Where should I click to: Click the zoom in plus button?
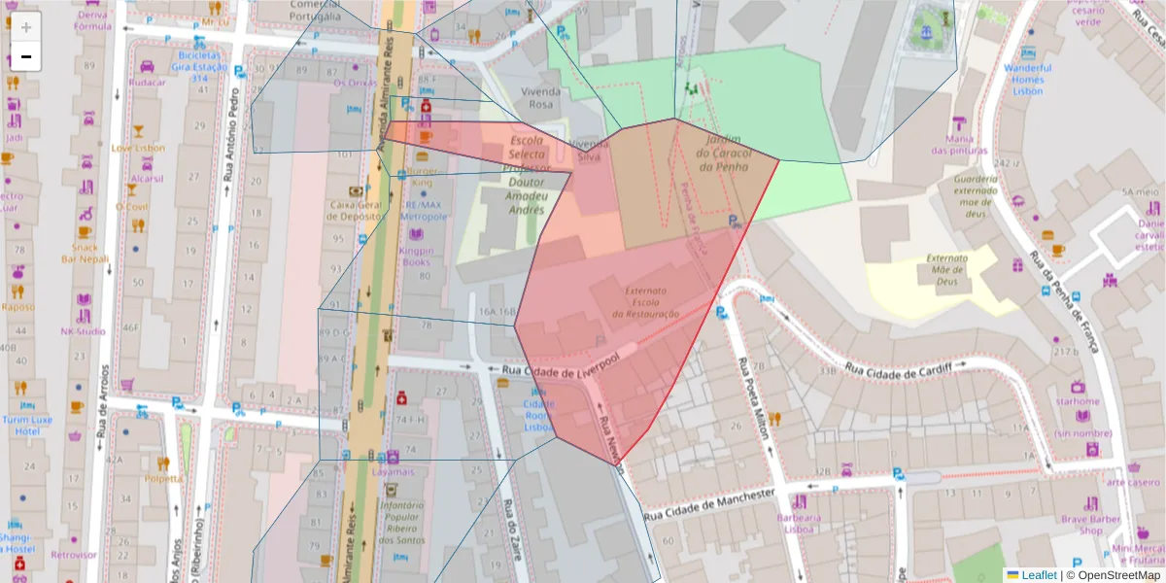coord(26,27)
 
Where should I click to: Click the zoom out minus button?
coord(26,56)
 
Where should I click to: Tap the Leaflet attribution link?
coord(1038,575)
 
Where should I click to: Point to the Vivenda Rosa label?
coord(542,97)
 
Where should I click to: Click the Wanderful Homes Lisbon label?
coord(1028,79)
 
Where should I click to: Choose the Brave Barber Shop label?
coord(1090,525)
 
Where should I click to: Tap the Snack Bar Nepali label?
coord(85,253)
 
